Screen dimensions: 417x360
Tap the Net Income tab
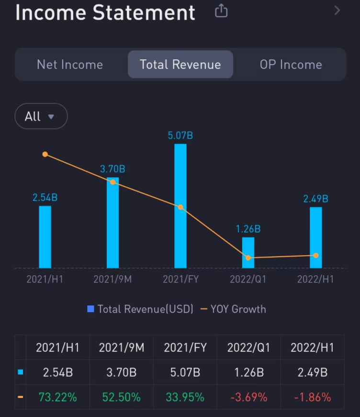point(70,65)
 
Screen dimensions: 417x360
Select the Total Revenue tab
point(180,65)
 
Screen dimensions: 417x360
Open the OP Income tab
point(291,65)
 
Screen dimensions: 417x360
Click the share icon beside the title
point(221,11)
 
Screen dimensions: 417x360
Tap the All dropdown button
point(41,116)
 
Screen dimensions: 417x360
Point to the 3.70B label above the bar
point(112,169)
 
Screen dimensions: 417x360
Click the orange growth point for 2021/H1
point(45,154)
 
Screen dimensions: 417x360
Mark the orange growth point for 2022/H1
point(315,255)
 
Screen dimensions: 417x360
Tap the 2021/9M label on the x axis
point(112,279)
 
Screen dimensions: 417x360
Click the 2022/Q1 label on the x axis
point(248,279)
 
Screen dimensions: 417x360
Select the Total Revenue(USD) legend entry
point(140,309)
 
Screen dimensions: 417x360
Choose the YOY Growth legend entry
point(233,309)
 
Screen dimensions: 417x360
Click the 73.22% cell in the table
point(58,397)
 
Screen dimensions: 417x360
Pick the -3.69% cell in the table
point(248,397)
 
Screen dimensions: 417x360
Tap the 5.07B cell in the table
point(185,372)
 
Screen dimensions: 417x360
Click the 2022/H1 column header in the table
point(312,348)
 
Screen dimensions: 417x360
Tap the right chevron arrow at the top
point(337,10)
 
